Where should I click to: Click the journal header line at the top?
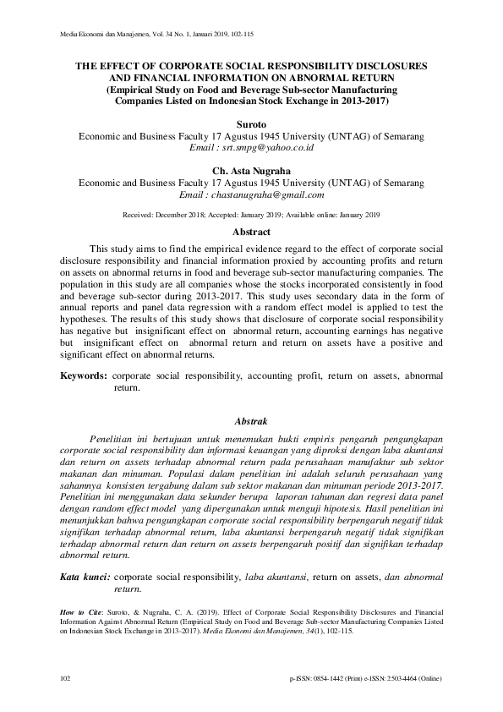point(158,35)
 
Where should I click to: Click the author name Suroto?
point(251,123)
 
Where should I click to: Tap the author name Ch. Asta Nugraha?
point(251,170)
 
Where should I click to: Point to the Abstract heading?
point(251,232)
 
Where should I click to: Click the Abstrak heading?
point(251,420)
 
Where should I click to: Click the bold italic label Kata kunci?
point(84,577)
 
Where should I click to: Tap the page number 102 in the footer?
point(66,679)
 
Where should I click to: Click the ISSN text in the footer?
point(365,679)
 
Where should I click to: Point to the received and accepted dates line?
point(251,215)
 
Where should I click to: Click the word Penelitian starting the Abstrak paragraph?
point(115,439)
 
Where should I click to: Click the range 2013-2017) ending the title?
point(364,100)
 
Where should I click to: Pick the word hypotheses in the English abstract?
point(91,333)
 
